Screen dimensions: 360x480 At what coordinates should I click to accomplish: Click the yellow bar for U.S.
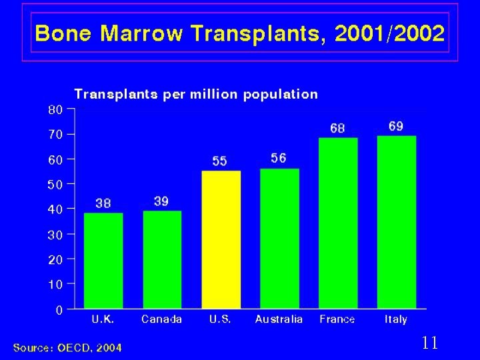221,239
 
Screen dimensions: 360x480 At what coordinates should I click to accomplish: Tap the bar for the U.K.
103,261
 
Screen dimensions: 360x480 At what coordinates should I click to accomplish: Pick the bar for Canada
162,259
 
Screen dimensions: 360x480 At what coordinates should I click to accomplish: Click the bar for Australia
279,238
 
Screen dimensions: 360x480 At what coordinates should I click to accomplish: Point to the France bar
338,223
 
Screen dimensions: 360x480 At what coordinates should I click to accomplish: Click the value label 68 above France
338,127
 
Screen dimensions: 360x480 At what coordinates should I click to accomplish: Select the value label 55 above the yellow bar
220,161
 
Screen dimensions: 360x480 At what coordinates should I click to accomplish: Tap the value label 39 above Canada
161,201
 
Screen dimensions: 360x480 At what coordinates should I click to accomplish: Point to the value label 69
396,126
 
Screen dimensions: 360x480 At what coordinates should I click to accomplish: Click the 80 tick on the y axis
55,109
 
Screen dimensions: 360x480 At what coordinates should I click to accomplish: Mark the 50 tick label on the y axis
55,184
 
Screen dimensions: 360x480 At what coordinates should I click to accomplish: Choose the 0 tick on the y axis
59,309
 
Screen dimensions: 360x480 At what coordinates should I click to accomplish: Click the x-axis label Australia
279,319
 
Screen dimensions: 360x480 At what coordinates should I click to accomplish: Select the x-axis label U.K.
103,319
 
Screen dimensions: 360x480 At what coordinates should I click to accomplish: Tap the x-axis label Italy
396,319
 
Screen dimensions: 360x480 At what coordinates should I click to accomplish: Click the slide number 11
430,343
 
